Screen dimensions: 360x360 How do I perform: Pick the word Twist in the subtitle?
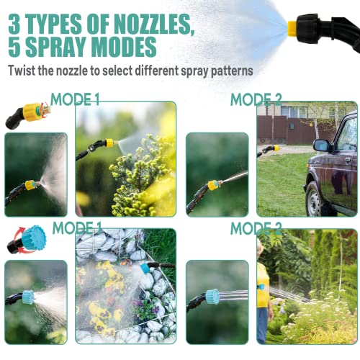coord(23,71)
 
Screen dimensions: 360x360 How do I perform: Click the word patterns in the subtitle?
coord(229,71)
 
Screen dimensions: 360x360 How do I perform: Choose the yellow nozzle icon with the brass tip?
coord(33,112)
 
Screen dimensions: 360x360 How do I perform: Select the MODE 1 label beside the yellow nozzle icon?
coord(75,99)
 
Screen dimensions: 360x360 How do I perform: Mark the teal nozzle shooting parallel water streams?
coord(212,297)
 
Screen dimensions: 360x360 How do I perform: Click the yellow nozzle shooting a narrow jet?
coord(213,185)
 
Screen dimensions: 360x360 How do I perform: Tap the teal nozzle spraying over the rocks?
coord(146,268)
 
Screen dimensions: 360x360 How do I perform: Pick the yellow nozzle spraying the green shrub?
coord(109,143)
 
